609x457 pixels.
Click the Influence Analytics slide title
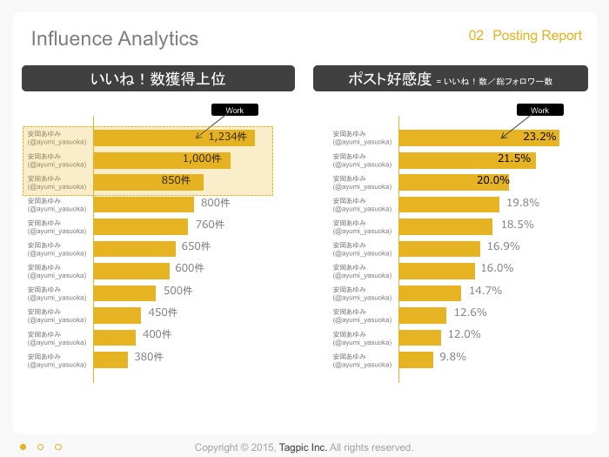pos(115,38)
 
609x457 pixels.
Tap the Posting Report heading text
pos(537,36)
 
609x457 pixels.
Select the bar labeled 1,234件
pos(174,138)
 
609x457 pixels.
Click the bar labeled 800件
pos(144,205)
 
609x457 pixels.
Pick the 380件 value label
pos(149,357)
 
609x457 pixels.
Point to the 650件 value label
pos(196,246)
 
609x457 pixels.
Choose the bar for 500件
pos(124,293)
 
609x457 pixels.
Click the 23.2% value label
pos(539,137)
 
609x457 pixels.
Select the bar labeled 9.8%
pos(416,360)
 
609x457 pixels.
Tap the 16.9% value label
pos(504,246)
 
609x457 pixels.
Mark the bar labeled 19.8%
pos(449,205)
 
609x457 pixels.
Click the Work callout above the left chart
pos(235,110)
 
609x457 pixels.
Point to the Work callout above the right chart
pos(540,110)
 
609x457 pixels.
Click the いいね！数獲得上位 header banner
pos(158,78)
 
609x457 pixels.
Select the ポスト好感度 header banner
pos(451,78)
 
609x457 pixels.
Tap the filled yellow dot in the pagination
pos(23,447)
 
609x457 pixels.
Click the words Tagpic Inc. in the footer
pos(303,447)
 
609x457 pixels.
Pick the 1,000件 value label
pos(202,158)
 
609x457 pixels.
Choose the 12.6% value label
pos(471,313)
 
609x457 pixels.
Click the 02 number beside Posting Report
pos(476,36)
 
